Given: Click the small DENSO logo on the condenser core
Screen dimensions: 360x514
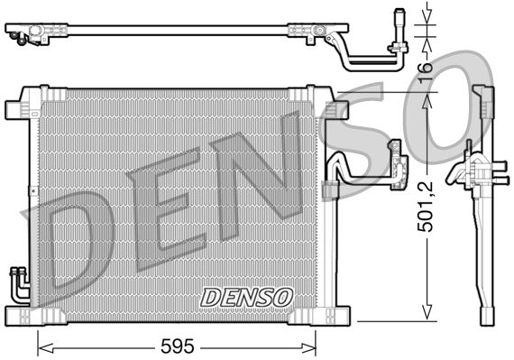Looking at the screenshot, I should [x=246, y=296].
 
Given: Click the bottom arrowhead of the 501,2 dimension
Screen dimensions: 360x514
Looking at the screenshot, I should [x=427, y=315].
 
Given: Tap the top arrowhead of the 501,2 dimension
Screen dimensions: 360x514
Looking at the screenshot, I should [x=427, y=97].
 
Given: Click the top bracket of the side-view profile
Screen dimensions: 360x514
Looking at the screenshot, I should [x=483, y=99].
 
